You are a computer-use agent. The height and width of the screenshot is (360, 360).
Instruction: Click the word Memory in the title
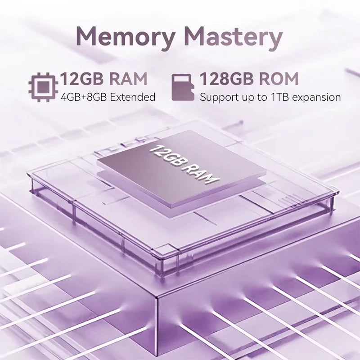pos(126,38)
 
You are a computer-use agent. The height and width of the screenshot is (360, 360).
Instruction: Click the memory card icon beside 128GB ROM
pos(183,87)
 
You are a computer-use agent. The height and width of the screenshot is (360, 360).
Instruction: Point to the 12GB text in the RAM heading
pos(82,79)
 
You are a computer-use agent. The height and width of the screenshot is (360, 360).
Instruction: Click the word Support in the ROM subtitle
pos(216,97)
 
